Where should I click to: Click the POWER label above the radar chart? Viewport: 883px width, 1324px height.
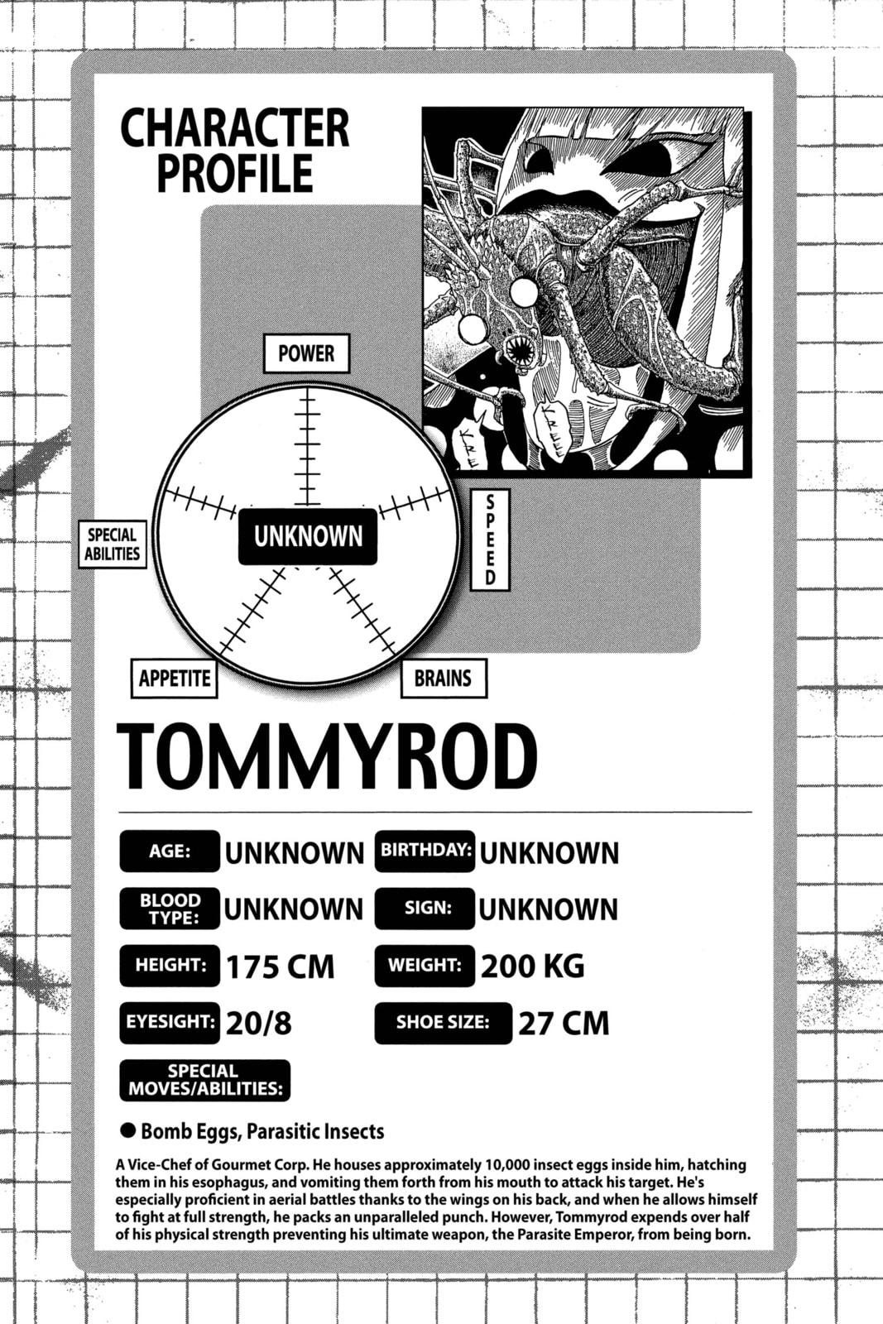click(x=306, y=353)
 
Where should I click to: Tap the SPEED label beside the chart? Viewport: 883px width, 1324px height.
click(x=490, y=540)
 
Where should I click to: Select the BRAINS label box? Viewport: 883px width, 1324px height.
click(x=444, y=678)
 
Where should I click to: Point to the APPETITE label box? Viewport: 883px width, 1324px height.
click(x=175, y=678)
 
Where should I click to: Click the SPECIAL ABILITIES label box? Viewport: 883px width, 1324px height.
click(x=113, y=544)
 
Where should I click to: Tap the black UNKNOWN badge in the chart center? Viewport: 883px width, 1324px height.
click(x=307, y=536)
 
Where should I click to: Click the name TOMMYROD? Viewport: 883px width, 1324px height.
click(x=327, y=757)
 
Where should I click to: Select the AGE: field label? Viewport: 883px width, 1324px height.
click(x=170, y=851)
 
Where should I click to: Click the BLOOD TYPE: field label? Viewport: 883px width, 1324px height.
click(x=170, y=909)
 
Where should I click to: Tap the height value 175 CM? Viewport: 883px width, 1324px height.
click(x=281, y=967)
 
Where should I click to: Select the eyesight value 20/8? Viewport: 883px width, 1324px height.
click(x=259, y=1024)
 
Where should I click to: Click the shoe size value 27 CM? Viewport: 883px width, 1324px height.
click(x=564, y=1024)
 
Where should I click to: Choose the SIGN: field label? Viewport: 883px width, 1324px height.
click(x=425, y=909)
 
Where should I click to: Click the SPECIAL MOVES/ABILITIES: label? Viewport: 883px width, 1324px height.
click(x=205, y=1081)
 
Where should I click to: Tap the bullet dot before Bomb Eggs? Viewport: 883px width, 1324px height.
click(x=127, y=1131)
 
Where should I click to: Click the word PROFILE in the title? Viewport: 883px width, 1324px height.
click(x=235, y=173)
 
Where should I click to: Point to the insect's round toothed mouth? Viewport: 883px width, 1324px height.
click(x=520, y=351)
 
